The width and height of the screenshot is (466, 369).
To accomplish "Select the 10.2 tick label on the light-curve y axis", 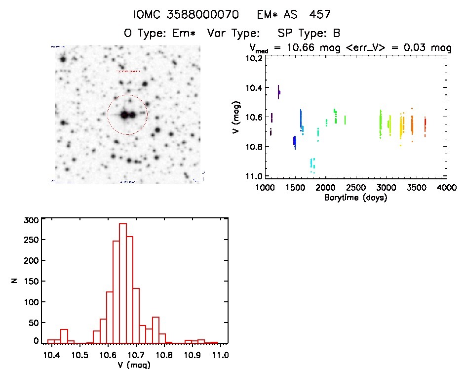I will tap(253, 58).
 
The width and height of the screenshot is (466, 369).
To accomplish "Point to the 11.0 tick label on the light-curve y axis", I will tap(253, 176).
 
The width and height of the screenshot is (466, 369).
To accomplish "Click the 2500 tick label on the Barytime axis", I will tap(356, 188).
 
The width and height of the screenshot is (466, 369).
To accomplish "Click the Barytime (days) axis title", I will tap(355, 198).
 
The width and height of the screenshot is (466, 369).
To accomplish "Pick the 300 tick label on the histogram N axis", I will tap(31, 221).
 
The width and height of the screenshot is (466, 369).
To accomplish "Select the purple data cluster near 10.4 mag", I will tap(279, 92).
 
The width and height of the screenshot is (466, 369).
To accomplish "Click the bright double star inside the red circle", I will tap(128, 115).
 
